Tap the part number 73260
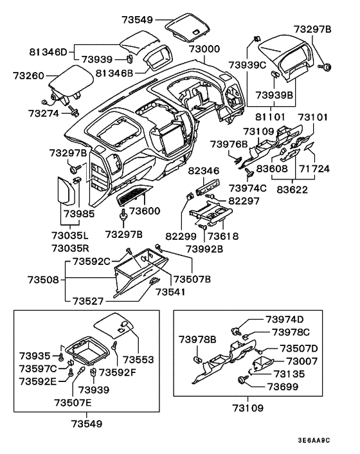[30, 76]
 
